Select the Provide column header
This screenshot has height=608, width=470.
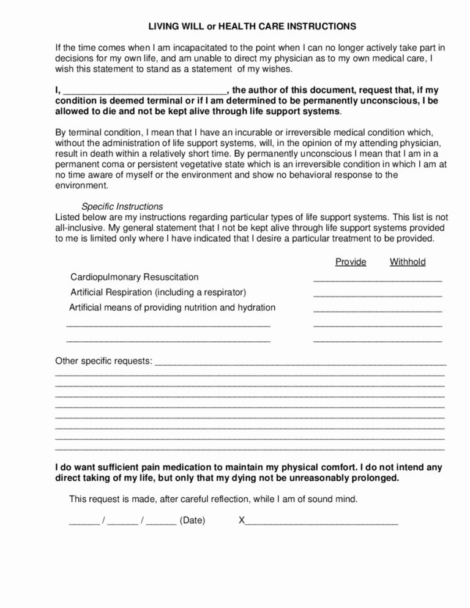351,262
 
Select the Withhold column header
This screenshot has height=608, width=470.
408,262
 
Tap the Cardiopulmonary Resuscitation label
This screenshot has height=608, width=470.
135,277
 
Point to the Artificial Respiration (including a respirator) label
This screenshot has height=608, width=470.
159,292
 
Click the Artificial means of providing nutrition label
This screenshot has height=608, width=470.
172,308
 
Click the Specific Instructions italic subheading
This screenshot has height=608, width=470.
122,206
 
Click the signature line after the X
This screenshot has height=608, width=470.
321,522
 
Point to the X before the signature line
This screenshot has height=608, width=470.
241,521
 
